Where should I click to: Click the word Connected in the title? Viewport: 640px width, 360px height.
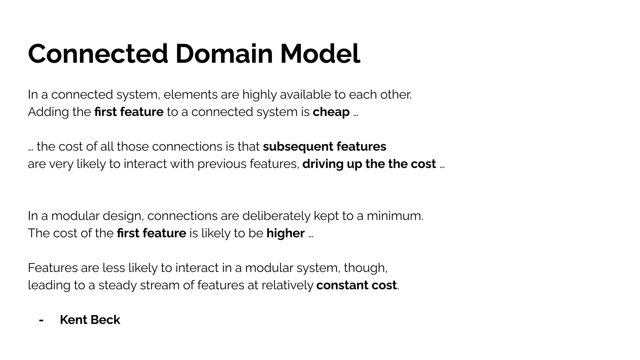(x=98, y=54)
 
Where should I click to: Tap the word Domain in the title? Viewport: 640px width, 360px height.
(x=224, y=54)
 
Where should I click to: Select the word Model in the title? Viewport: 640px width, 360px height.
(x=320, y=54)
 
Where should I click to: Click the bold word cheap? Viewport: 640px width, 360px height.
(x=331, y=112)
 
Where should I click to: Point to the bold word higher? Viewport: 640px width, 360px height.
(x=285, y=233)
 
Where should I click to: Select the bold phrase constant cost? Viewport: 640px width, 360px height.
(x=356, y=285)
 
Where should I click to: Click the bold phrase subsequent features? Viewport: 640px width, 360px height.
(x=324, y=147)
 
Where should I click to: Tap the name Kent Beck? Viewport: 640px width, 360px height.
(x=90, y=320)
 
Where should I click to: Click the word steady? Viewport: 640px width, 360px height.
(x=117, y=285)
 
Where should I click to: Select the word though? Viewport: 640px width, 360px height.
(x=365, y=268)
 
